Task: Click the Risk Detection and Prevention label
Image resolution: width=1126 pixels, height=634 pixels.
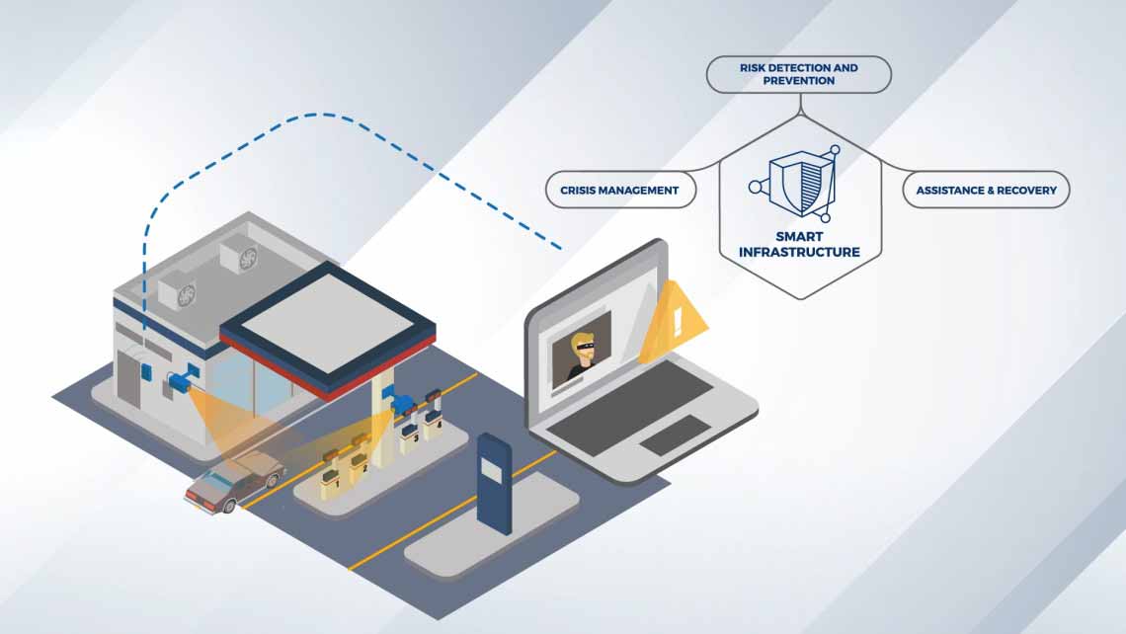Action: [x=798, y=74]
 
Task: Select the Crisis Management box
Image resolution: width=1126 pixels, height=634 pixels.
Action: [x=619, y=190]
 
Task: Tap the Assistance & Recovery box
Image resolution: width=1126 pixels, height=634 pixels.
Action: [x=986, y=190]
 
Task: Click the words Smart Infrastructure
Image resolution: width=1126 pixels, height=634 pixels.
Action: [x=799, y=245]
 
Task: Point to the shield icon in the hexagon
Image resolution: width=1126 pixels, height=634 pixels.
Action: [x=796, y=184]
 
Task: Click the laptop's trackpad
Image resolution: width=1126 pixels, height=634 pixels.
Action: [x=675, y=435]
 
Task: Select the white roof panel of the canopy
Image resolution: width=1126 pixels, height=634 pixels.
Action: [x=327, y=319]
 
